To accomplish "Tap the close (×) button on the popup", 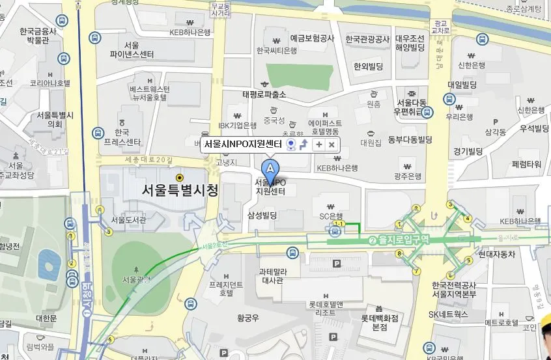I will tap(331, 145).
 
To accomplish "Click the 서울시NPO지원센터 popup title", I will tap(242, 145).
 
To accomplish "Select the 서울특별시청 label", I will tap(180, 190).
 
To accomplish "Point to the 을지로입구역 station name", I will tap(403, 240).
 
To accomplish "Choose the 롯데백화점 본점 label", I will tap(379, 322).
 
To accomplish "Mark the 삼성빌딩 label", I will tap(262, 215).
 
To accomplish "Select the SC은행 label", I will tap(330, 215).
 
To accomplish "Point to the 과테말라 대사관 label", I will tap(271, 276).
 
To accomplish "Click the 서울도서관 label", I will tap(128, 220).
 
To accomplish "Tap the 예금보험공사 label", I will tap(312, 39).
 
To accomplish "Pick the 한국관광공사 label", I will tap(367, 39).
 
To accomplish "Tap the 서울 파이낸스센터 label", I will tap(132, 49).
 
